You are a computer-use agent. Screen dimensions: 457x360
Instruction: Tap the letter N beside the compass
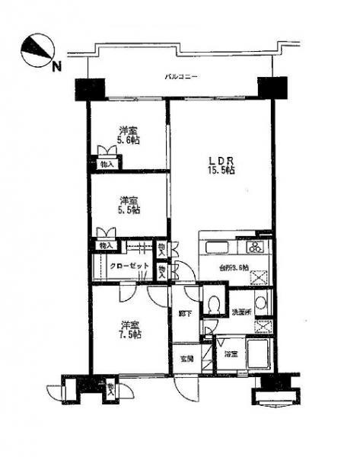(56, 66)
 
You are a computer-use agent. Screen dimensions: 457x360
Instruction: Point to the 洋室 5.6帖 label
(128, 135)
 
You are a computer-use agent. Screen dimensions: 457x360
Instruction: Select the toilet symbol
(214, 302)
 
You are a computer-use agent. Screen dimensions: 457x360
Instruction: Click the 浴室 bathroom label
(231, 354)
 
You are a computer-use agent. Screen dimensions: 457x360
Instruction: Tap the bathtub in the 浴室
(257, 354)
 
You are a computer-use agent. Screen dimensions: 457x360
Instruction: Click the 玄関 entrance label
(186, 359)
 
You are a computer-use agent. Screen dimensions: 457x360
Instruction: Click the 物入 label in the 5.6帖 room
(106, 164)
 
